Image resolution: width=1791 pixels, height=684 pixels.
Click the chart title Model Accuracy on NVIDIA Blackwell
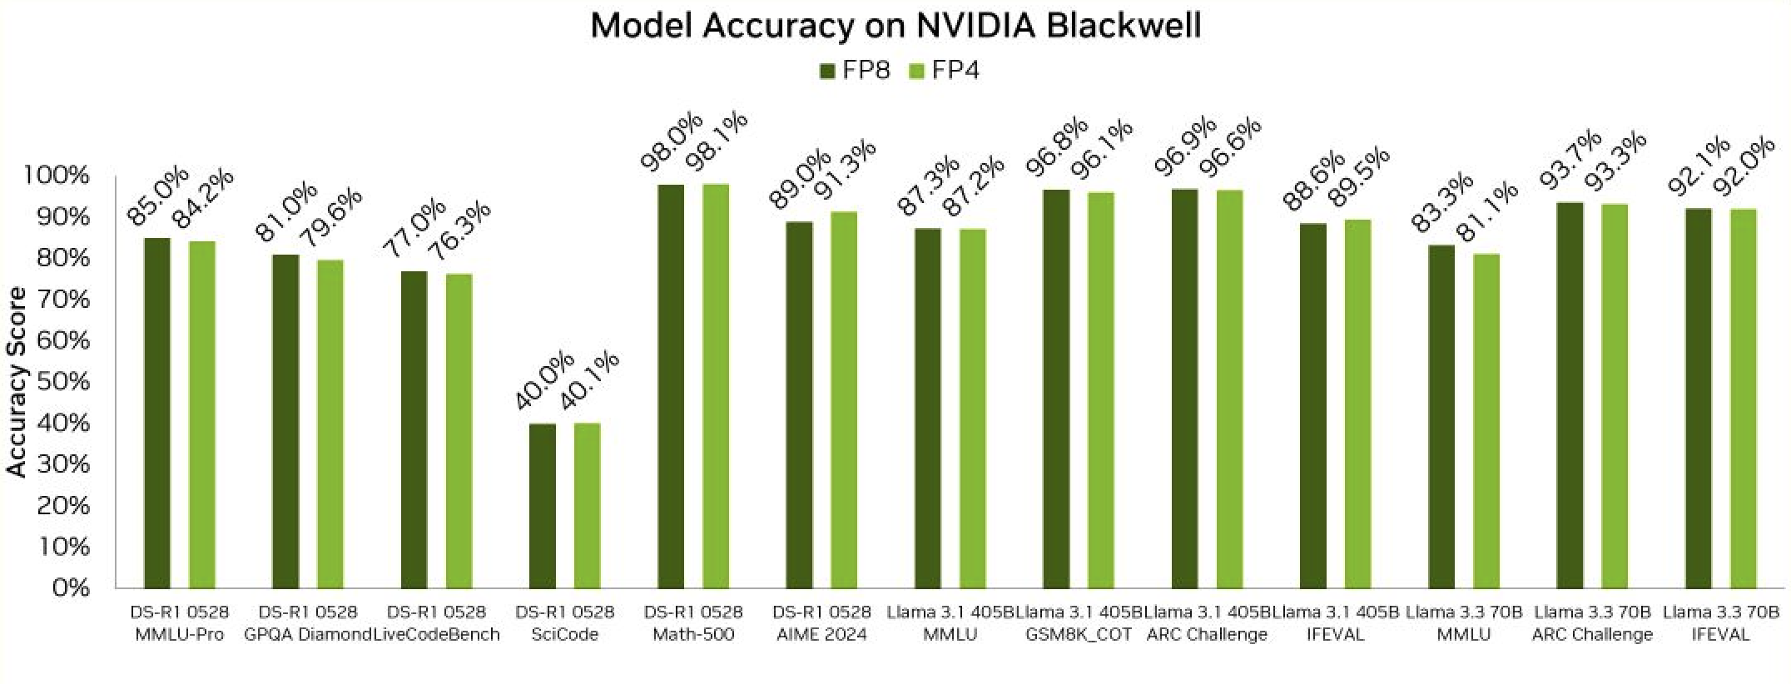[x=895, y=26]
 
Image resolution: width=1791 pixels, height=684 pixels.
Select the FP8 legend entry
[x=855, y=70]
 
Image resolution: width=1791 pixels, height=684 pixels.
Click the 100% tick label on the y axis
[x=57, y=176]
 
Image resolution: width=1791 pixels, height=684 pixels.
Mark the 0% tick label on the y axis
[x=71, y=587]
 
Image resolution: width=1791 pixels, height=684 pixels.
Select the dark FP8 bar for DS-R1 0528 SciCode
[x=543, y=505]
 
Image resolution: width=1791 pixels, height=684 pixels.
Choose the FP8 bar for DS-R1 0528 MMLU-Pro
[x=157, y=413]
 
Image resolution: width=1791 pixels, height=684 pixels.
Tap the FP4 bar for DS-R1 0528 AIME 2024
[x=844, y=399]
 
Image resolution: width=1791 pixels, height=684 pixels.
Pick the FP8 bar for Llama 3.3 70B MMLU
[x=1441, y=416]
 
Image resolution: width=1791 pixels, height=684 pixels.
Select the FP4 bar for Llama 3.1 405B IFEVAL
[x=1357, y=404]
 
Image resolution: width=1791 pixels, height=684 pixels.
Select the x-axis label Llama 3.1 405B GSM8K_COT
[x=1079, y=623]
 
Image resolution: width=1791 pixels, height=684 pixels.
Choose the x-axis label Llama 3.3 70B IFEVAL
[x=1720, y=623]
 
